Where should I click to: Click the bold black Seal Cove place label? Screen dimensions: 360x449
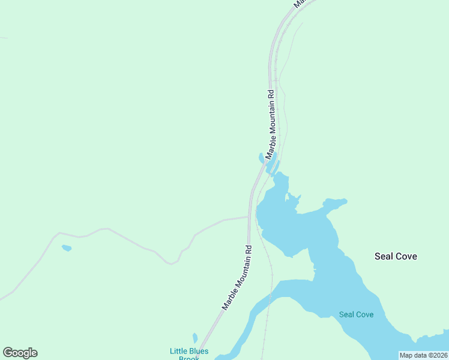coord(396,256)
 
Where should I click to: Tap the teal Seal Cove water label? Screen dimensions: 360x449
coord(356,314)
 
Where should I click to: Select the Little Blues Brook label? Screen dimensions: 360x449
coord(188,354)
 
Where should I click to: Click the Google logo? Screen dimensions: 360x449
coord(20,353)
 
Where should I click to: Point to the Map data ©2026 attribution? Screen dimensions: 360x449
coord(424,355)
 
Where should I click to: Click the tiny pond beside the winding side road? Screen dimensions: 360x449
coord(67,248)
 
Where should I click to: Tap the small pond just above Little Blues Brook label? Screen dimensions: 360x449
coord(195,338)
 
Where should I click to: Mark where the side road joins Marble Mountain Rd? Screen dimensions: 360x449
coord(248,217)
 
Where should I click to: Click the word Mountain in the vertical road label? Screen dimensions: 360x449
coord(271,130)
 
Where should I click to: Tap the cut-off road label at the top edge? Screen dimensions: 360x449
coord(302,3)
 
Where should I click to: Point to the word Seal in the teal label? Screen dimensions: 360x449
coord(346,314)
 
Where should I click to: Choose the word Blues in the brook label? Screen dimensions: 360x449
coord(199,351)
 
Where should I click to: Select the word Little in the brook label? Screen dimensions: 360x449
coord(178,351)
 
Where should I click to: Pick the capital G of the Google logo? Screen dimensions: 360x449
coord(8,353)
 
